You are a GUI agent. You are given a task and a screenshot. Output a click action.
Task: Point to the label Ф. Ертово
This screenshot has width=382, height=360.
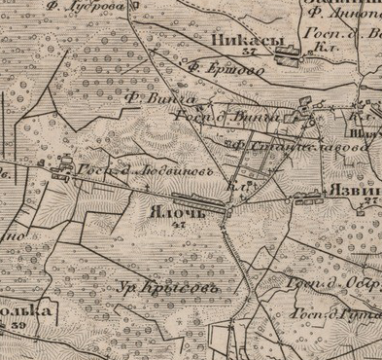pyautogui.click(x=216, y=69)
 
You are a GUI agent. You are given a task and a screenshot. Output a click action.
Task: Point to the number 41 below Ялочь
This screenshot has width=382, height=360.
pyautogui.click(x=177, y=225)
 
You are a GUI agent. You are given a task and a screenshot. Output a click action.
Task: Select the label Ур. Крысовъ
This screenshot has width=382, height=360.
pyautogui.click(x=166, y=288)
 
